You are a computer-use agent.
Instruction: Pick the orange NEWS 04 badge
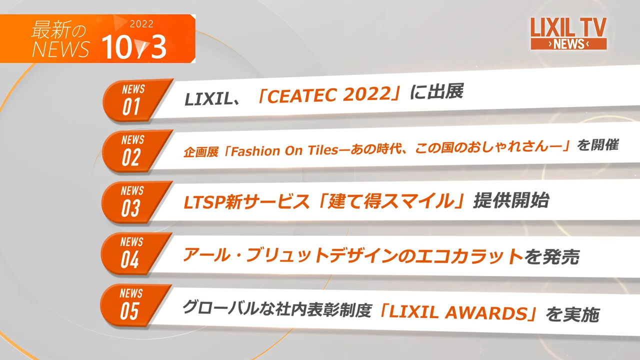(x=131, y=253)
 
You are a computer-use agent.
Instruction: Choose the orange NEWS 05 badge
(x=130, y=304)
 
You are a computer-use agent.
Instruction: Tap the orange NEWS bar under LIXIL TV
(x=568, y=44)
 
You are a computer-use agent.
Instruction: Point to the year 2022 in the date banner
(x=141, y=24)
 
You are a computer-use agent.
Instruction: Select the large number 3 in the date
(x=158, y=48)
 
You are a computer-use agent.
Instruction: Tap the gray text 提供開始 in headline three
(x=511, y=200)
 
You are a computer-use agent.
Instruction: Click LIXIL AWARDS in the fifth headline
(x=457, y=313)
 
